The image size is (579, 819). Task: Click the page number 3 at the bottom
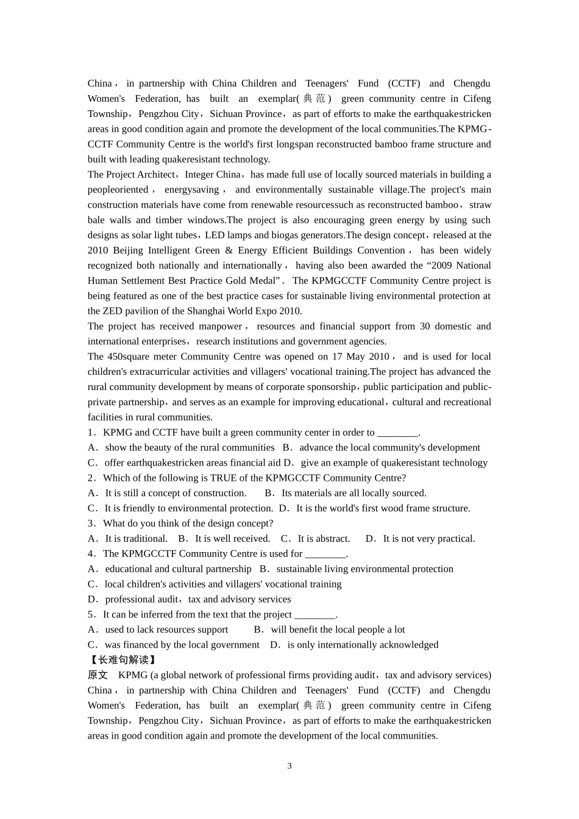[289, 766]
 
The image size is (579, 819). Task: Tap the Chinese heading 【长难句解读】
[123, 660]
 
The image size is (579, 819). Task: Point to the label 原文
[98, 675]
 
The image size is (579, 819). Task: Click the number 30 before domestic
[425, 326]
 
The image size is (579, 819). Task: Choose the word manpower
[220, 326]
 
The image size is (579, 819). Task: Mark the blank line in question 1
[398, 433]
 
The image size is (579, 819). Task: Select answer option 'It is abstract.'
[323, 539]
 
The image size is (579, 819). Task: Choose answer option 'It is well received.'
[232, 539]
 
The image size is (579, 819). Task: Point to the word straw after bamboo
[480, 205]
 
